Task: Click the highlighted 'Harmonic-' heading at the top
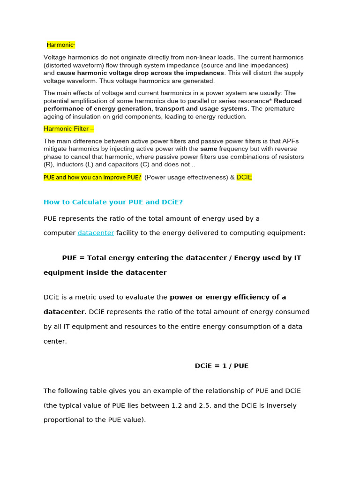coord(61,45)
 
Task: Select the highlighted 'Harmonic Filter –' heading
coord(69,128)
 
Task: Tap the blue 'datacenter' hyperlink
coord(96,233)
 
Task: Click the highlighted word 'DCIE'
coord(244,177)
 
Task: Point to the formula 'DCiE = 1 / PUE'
coord(221,366)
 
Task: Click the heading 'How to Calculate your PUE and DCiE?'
coord(113,202)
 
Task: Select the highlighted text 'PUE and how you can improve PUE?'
coord(92,177)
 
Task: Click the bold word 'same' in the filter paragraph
coord(209,149)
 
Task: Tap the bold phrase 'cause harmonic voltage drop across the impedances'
coord(140,73)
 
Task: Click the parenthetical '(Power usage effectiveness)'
coord(186,177)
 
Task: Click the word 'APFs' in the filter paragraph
coord(290,141)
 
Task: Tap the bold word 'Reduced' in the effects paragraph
coord(288,101)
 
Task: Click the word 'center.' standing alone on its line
coord(55,341)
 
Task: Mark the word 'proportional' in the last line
coord(63,420)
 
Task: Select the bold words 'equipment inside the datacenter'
coord(105,273)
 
